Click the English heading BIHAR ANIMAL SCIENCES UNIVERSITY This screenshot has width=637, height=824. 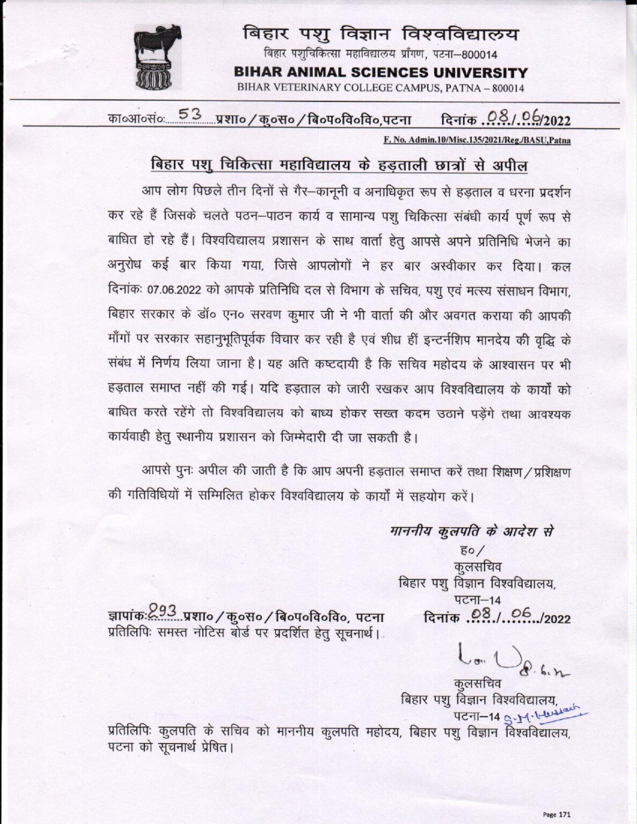[381, 72]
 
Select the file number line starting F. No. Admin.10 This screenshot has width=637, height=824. [477, 141]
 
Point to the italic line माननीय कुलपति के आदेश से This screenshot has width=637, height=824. [471, 532]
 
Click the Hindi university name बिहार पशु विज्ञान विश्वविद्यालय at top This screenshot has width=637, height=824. [381, 35]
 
